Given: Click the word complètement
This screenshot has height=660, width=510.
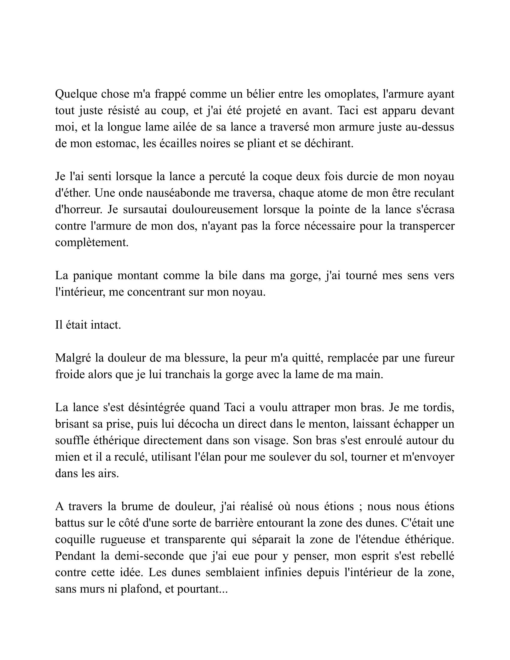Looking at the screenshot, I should [92, 243].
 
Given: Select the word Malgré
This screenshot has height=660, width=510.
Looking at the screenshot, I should [73, 358].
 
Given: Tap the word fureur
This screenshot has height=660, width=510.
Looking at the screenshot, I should [439, 358].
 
